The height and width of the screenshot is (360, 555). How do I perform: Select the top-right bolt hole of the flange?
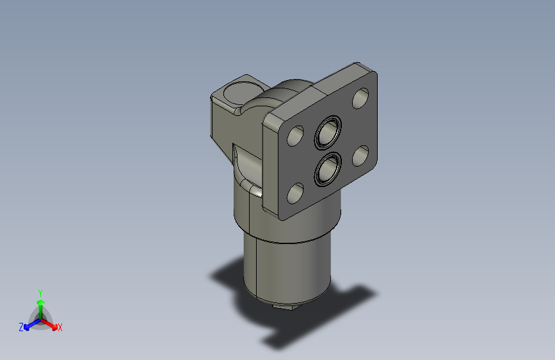pyautogui.click(x=360, y=98)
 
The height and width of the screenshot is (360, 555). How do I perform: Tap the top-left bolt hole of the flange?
pyautogui.click(x=295, y=136)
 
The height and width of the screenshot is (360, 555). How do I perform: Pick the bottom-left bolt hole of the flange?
pyautogui.click(x=295, y=192)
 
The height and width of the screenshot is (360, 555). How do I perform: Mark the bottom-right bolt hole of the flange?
pyautogui.click(x=360, y=155)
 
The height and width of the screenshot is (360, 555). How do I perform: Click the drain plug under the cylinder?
pyautogui.click(x=285, y=306)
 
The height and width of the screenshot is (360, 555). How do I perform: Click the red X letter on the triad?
pyautogui.click(x=60, y=327)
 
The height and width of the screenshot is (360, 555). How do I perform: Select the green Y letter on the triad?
pyautogui.click(x=40, y=291)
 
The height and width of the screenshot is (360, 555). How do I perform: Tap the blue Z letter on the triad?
pyautogui.click(x=21, y=327)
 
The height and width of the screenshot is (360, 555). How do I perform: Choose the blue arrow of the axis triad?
pyautogui.click(x=29, y=324)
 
